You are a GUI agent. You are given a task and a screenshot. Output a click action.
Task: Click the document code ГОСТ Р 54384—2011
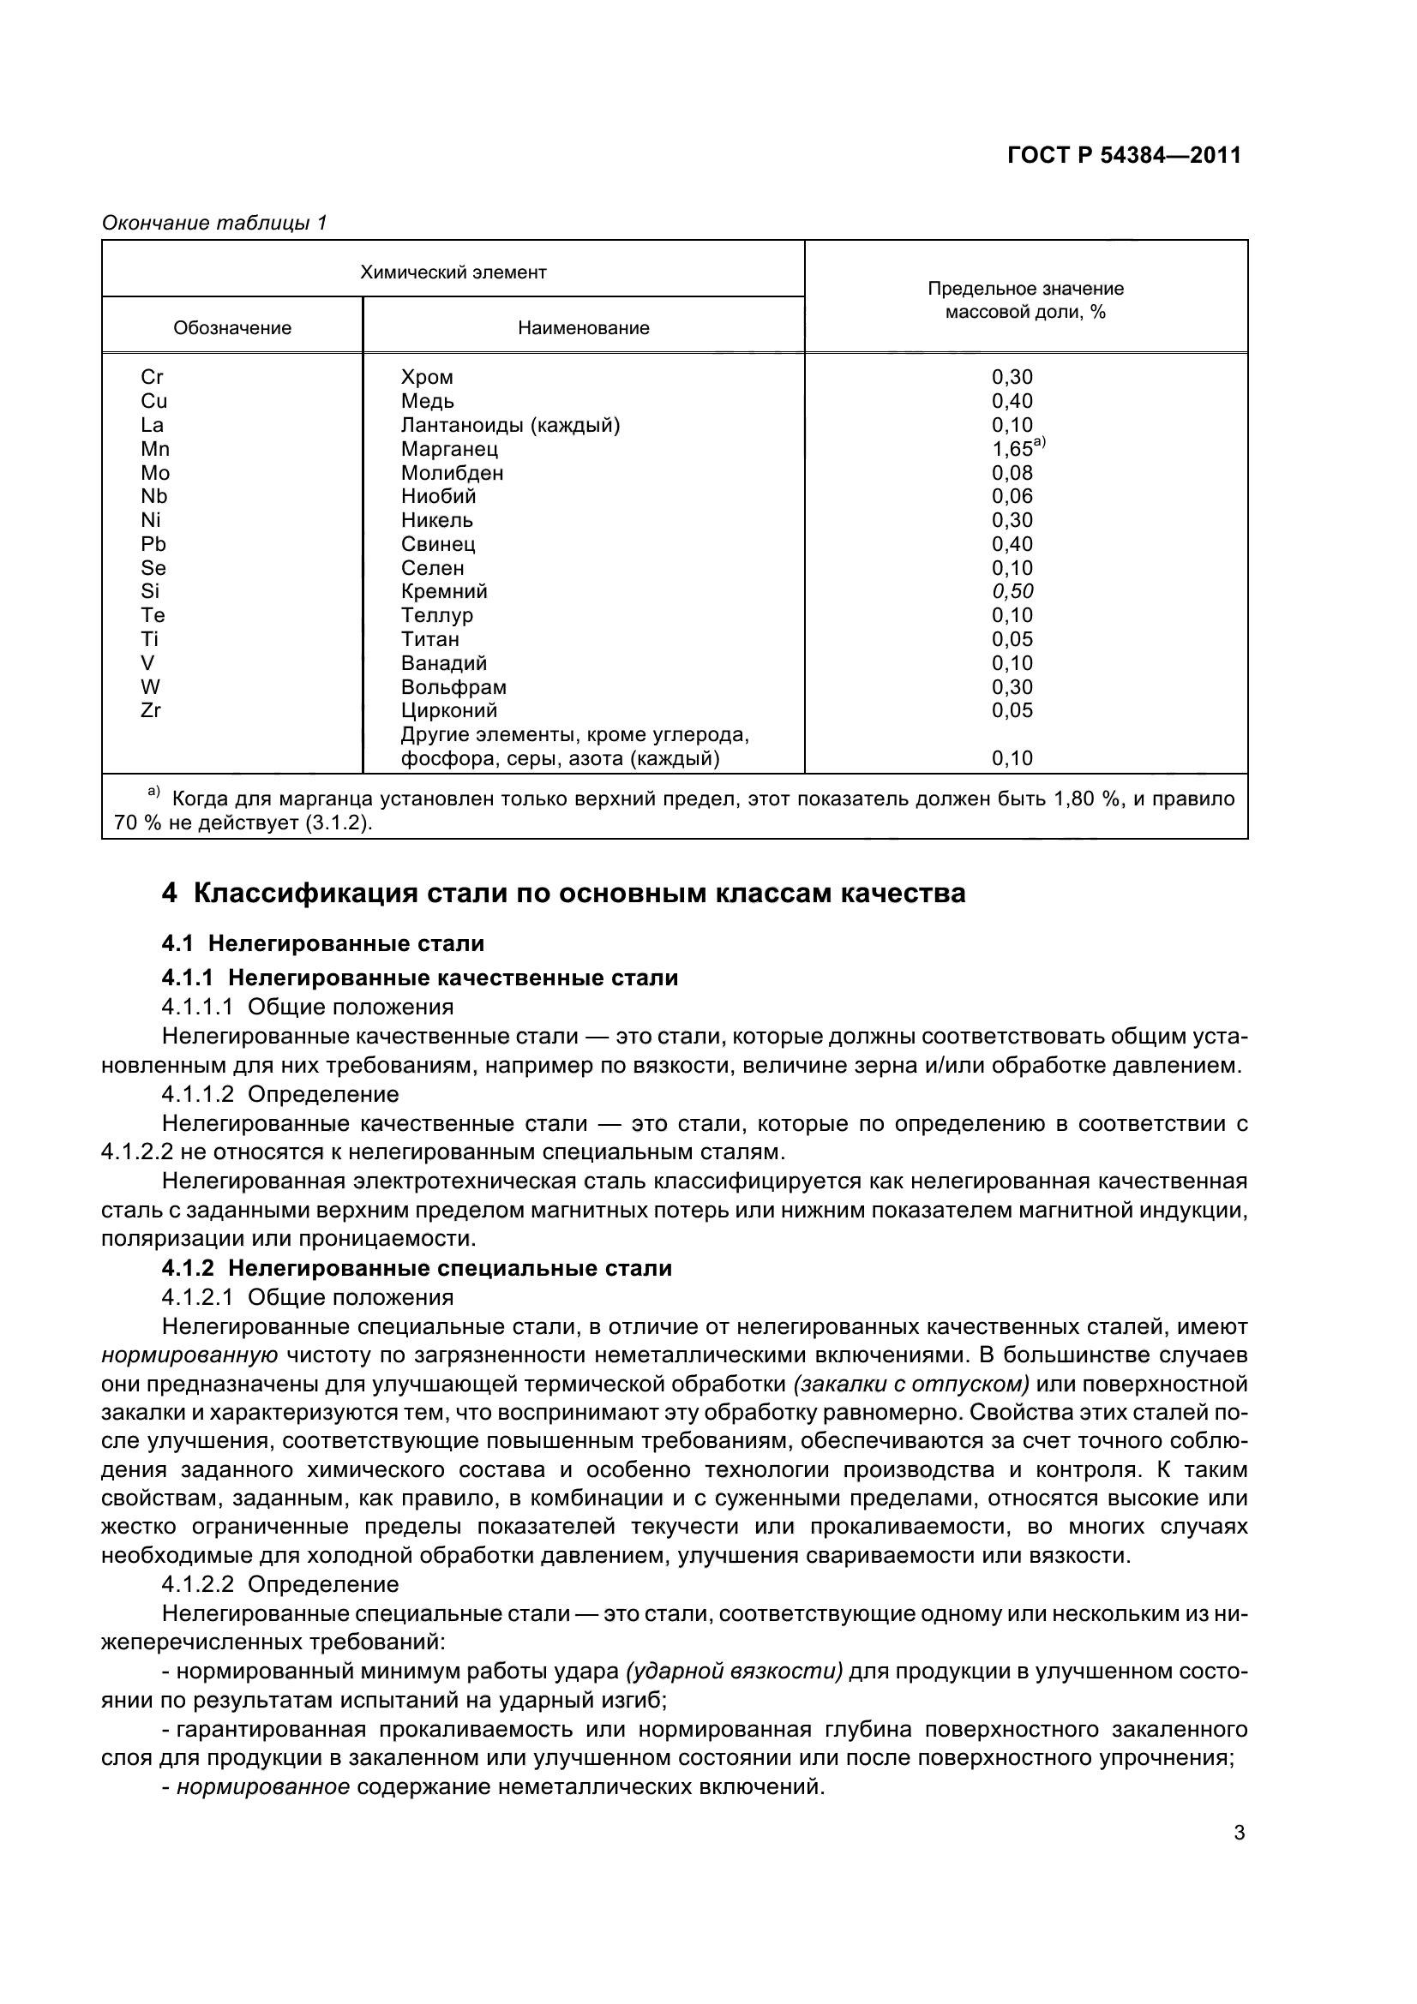1124,155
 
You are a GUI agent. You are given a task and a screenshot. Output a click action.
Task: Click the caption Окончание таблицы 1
214,224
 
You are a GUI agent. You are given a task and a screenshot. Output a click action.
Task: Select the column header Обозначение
232,328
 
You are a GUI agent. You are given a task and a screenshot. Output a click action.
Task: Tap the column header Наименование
583,328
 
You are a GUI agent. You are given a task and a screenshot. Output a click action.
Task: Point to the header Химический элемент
453,272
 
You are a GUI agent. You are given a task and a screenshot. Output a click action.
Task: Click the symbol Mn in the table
154,449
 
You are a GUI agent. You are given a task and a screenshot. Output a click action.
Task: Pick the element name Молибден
452,473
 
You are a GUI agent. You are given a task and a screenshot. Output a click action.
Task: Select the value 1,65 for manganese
1012,450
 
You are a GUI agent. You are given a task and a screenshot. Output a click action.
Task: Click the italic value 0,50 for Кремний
1012,591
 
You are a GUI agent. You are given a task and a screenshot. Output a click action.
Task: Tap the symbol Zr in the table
150,709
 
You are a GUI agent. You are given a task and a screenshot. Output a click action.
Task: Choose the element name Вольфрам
453,687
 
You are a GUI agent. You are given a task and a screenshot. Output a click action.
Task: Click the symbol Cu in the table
153,402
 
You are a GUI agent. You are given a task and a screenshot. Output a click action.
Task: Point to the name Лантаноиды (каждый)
510,425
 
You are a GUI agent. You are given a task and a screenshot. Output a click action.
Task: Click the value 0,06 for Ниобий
1012,497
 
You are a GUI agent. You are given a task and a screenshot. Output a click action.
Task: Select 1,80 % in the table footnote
1089,799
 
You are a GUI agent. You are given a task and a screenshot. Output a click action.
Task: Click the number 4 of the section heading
170,894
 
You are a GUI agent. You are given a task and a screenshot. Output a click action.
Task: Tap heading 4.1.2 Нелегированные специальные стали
417,1268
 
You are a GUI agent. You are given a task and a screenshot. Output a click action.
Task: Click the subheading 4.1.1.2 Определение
279,1094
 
